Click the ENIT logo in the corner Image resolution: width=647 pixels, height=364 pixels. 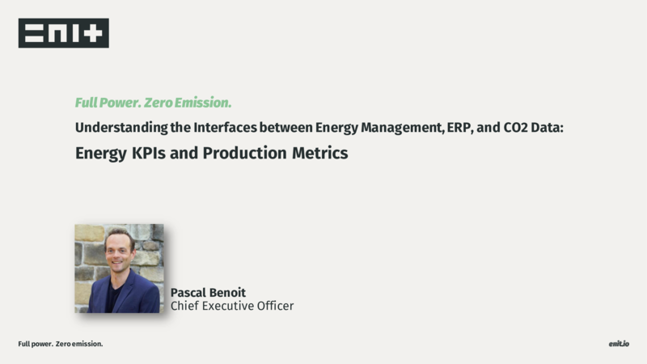(64, 33)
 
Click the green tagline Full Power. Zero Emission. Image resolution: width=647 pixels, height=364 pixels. (153, 103)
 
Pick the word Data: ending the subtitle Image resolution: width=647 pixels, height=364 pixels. (548, 128)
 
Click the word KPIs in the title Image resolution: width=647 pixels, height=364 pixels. (149, 153)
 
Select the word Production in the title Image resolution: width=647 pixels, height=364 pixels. (245, 153)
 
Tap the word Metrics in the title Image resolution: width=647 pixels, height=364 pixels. (320, 153)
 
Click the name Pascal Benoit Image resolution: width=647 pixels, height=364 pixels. (208, 293)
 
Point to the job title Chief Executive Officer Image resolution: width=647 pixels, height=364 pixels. (232, 306)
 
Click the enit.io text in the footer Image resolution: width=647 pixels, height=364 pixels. (619, 344)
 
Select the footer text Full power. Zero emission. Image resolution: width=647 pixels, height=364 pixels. (60, 344)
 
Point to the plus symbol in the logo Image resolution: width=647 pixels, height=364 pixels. (94, 33)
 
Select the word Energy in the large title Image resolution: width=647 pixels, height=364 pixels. (101, 154)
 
